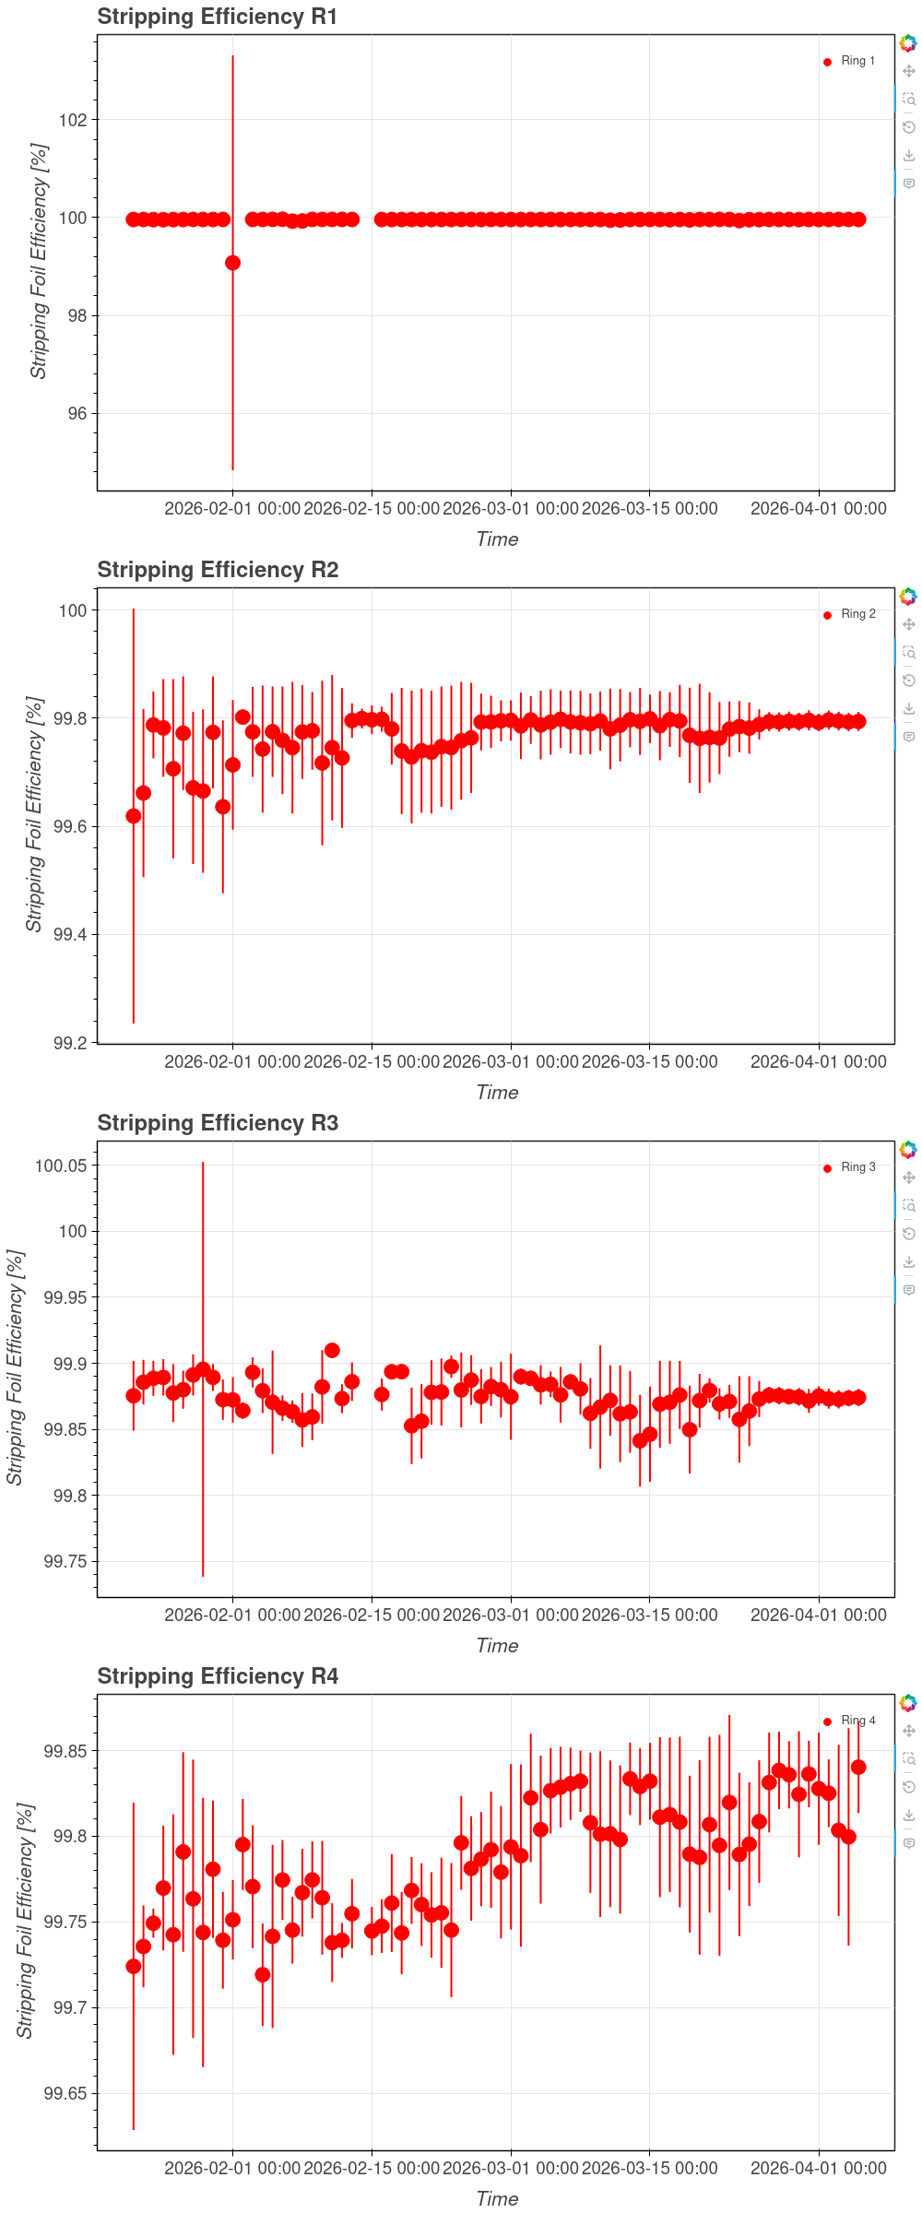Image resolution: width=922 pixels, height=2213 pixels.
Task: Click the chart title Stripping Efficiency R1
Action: click(217, 17)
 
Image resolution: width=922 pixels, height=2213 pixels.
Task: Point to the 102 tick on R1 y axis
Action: click(73, 120)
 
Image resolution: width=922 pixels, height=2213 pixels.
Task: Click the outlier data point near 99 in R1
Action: click(232, 263)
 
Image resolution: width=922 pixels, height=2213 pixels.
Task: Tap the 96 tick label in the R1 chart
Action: click(77, 413)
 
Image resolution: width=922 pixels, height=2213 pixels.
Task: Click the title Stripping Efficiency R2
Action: click(218, 570)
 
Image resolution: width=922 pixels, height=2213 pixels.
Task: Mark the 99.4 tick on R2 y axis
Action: click(70, 934)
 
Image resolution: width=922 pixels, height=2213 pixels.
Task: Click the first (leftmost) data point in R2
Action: click(134, 816)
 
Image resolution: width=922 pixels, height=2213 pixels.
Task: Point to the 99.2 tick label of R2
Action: click(70, 1043)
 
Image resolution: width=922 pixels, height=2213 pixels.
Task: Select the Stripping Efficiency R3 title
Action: click(218, 1123)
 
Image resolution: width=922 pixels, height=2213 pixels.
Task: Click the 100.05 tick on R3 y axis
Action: click(61, 1166)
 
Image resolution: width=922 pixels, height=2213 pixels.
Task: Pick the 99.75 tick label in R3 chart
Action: click(65, 1561)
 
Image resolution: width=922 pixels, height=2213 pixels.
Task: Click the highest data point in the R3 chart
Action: click(332, 1350)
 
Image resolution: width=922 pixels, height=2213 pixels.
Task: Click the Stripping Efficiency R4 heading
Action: click(218, 1676)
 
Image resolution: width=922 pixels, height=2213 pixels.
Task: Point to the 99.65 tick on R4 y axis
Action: click(65, 2093)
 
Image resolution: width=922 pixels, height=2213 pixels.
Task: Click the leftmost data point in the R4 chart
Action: click(134, 1967)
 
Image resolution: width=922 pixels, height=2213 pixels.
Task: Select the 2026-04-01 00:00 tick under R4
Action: click(818, 2169)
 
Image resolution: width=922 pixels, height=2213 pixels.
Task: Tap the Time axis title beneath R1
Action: click(497, 539)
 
